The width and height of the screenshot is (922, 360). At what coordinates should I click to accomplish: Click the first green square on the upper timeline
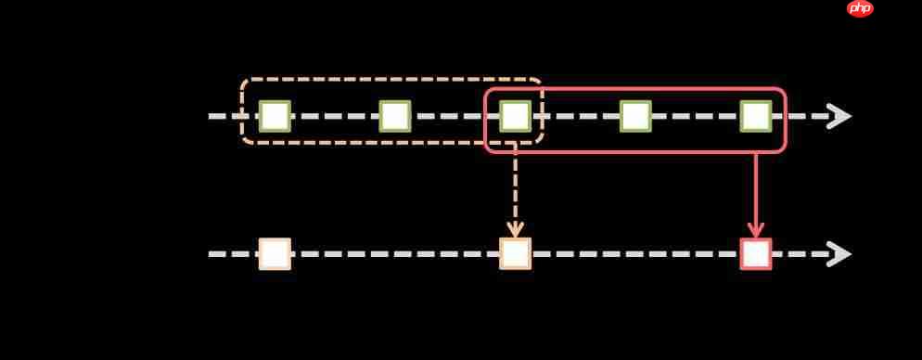point(275,116)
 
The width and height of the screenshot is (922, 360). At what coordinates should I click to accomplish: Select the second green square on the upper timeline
point(395,116)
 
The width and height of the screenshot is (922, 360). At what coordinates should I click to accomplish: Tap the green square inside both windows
point(515,116)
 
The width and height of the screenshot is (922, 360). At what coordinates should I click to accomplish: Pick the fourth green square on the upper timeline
point(635,116)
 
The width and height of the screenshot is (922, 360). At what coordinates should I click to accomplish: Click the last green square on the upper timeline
point(756,116)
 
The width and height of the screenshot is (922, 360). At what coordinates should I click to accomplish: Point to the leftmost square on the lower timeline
point(275,253)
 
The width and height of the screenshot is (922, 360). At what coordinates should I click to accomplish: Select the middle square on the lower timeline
point(515,253)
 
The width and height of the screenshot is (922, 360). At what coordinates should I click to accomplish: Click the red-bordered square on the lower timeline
point(756,253)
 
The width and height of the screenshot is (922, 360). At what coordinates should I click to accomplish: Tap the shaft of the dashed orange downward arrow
point(515,186)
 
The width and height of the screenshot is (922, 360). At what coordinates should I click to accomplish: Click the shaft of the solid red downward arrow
point(756,190)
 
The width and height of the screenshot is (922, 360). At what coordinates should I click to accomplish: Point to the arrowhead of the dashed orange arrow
point(515,229)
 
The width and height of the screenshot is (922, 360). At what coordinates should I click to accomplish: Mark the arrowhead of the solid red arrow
point(756,229)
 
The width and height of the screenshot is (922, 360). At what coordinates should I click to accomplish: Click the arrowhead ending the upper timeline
point(839,116)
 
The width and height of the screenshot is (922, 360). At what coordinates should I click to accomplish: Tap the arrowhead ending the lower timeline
point(839,253)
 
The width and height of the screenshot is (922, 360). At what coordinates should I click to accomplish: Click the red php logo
point(860,8)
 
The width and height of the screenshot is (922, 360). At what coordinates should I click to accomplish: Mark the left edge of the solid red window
point(485,121)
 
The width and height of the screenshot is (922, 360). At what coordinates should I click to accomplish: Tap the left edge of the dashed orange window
point(242,111)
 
